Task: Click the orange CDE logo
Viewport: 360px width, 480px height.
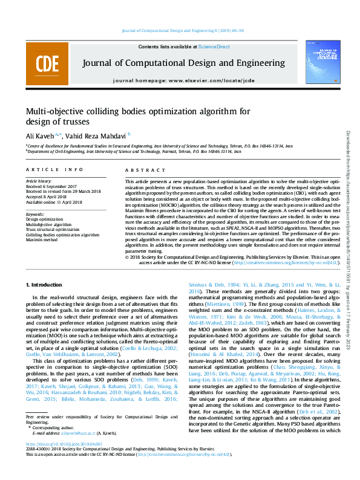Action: (43, 63)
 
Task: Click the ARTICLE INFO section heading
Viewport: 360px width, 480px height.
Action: (54, 170)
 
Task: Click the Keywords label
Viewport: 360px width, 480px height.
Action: (35, 214)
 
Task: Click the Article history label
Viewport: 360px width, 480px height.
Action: (39, 181)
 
